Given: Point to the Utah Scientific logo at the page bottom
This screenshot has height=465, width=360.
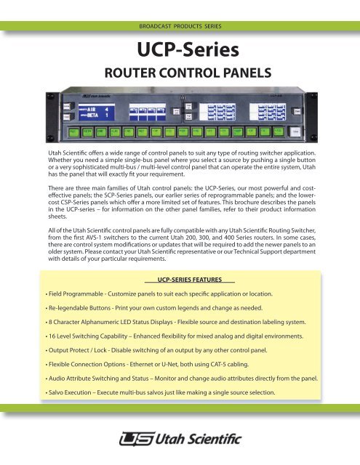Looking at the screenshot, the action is (180, 440).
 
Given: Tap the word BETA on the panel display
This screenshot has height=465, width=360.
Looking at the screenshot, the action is (92, 115).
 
